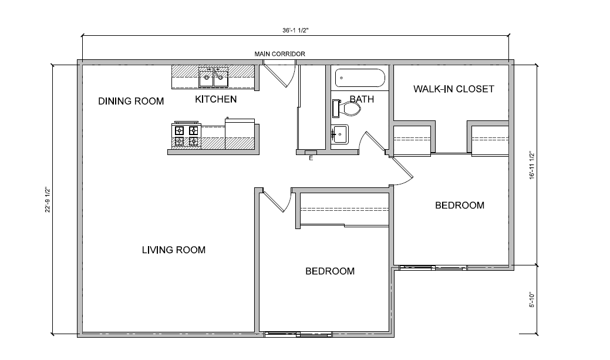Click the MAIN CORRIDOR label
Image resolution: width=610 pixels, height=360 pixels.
[x=279, y=54]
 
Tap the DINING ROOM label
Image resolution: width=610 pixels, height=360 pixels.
[x=130, y=101]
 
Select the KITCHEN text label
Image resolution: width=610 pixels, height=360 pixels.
[x=215, y=99]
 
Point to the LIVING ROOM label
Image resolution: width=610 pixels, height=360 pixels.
[x=174, y=250]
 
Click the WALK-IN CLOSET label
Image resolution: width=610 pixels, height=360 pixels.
[x=453, y=89]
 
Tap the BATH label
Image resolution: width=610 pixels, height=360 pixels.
[x=362, y=99]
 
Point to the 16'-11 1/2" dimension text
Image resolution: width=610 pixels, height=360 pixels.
[x=531, y=165]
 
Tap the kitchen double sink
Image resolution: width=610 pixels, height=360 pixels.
[x=213, y=75]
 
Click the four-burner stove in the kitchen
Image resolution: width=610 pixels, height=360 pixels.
[x=186, y=136]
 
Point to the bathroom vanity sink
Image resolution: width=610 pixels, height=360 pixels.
[x=339, y=134]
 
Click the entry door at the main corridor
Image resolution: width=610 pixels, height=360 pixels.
[x=278, y=75]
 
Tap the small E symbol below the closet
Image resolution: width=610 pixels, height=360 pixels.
[x=311, y=157]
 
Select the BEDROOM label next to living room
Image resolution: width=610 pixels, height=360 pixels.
[x=330, y=271]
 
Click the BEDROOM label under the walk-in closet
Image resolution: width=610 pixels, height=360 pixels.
[x=459, y=206]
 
